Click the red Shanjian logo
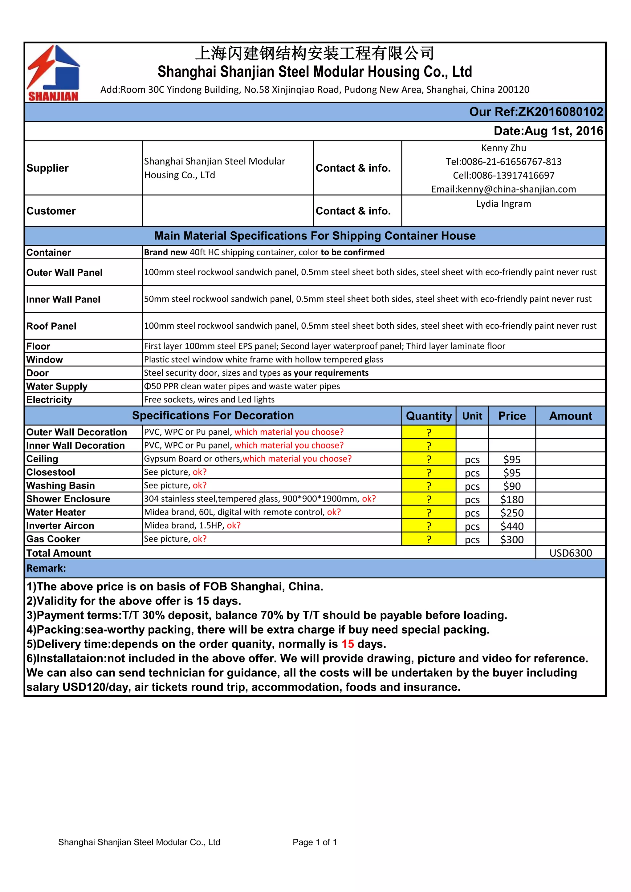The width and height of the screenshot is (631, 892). (x=53, y=73)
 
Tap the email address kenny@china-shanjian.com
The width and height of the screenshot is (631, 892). (x=503, y=189)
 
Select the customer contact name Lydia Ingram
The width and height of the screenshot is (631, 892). (x=503, y=204)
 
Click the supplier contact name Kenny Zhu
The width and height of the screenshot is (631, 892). (x=503, y=148)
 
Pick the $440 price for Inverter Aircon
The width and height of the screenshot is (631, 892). (x=512, y=526)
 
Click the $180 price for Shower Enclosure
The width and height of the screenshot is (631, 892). (x=512, y=499)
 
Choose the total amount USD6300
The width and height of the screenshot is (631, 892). (x=570, y=553)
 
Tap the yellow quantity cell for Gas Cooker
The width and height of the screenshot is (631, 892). (x=429, y=539)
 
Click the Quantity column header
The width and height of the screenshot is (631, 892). (x=429, y=416)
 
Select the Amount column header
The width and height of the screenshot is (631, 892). (x=570, y=416)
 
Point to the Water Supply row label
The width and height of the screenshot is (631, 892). (x=57, y=386)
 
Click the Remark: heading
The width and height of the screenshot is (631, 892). (x=46, y=568)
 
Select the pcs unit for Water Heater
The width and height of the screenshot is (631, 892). (x=472, y=513)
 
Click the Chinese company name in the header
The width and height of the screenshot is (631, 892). (x=315, y=53)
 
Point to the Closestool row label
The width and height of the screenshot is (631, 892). (x=51, y=472)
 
